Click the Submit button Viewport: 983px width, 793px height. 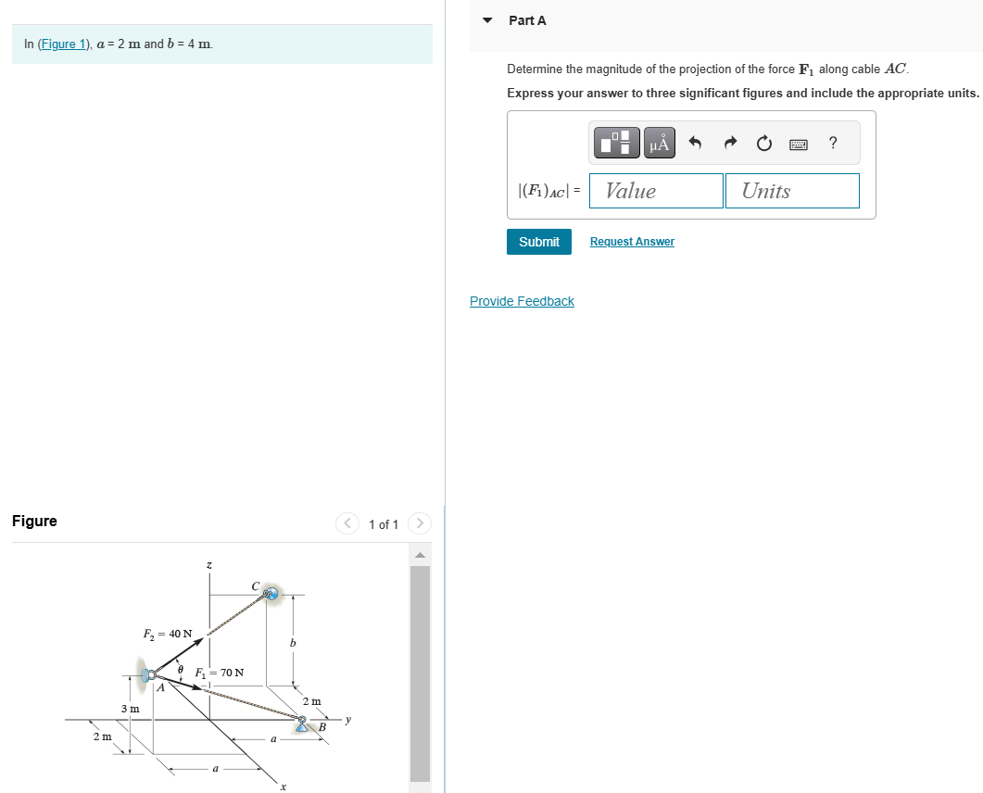(x=538, y=242)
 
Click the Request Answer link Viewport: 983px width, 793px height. (x=632, y=242)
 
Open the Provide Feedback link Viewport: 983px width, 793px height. (x=522, y=301)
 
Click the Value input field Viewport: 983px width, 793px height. (x=655, y=191)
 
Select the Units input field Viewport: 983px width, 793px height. (x=791, y=191)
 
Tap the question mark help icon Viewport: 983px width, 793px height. (x=833, y=143)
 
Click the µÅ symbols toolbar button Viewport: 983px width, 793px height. (x=659, y=143)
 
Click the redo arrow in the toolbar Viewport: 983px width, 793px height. (x=730, y=143)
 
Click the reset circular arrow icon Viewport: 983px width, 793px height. (x=763, y=143)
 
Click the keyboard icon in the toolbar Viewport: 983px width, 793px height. (x=799, y=144)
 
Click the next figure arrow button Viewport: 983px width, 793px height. (x=420, y=523)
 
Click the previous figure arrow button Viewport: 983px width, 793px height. (x=347, y=523)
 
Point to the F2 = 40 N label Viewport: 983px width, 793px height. (x=168, y=635)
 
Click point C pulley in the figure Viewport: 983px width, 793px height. (x=271, y=593)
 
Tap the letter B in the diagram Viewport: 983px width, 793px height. (x=321, y=726)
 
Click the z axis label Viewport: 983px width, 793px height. (x=208, y=563)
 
